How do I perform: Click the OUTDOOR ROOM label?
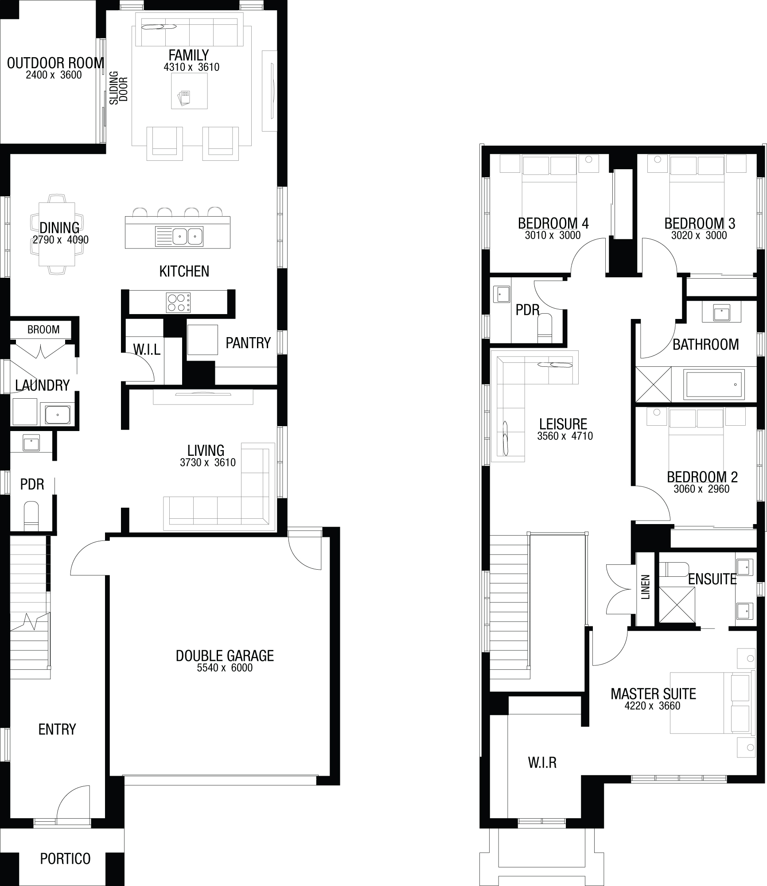(55, 63)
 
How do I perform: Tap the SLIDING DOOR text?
(119, 88)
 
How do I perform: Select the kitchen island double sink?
(179, 236)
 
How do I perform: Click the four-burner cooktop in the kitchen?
(178, 303)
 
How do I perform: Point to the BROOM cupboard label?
(43, 330)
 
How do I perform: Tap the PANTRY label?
(248, 343)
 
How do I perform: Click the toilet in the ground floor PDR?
(31, 515)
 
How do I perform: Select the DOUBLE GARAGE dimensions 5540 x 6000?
(225, 668)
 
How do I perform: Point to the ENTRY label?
(57, 729)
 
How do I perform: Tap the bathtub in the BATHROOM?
(714, 385)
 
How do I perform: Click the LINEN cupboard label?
(646, 587)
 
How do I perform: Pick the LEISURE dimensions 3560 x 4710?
(565, 436)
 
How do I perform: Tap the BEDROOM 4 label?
(553, 223)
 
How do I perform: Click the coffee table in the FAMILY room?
(190, 91)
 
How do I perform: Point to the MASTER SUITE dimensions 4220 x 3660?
(652, 706)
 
